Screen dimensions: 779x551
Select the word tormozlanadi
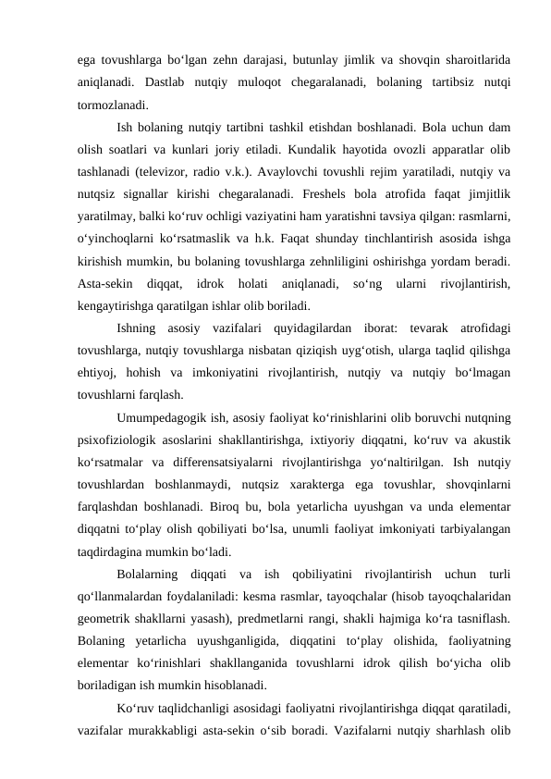tap(110, 103)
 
